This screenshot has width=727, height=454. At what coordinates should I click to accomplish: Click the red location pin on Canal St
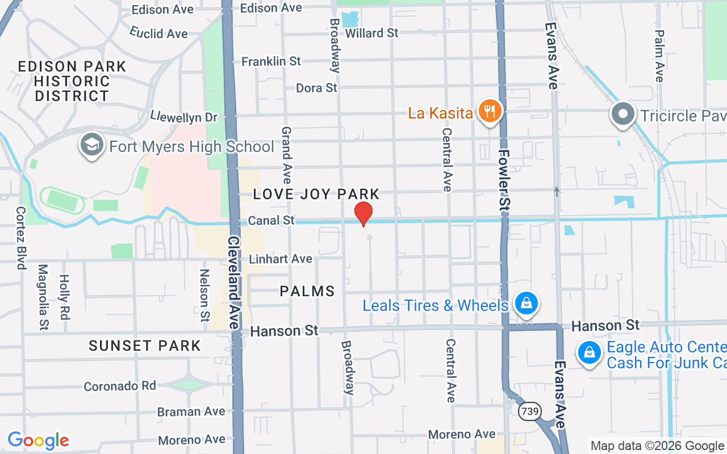click(363, 214)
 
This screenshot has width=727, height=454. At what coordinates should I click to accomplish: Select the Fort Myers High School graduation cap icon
click(91, 145)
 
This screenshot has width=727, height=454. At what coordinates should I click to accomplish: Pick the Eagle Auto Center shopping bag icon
click(590, 353)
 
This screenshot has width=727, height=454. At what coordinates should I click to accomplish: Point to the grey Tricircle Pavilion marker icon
click(623, 114)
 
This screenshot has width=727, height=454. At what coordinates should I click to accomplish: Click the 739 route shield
click(529, 411)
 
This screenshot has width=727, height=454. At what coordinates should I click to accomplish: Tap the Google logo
click(38, 440)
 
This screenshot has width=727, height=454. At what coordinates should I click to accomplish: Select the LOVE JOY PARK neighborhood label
click(316, 194)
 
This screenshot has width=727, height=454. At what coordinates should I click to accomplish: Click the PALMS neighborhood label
click(307, 292)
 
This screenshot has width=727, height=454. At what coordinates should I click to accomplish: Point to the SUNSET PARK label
click(145, 346)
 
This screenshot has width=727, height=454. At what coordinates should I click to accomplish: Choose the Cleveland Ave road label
click(233, 283)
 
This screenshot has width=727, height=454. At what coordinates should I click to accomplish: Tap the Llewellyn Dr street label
click(184, 117)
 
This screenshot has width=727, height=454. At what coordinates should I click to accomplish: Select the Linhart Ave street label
click(281, 259)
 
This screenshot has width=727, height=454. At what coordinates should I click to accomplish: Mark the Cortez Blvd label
click(21, 237)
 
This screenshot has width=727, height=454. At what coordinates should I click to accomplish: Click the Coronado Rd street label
click(120, 386)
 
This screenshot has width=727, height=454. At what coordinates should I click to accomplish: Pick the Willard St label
click(372, 33)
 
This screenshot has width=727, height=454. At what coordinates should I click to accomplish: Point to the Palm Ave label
click(659, 56)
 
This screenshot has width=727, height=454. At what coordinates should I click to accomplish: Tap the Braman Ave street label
click(191, 411)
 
